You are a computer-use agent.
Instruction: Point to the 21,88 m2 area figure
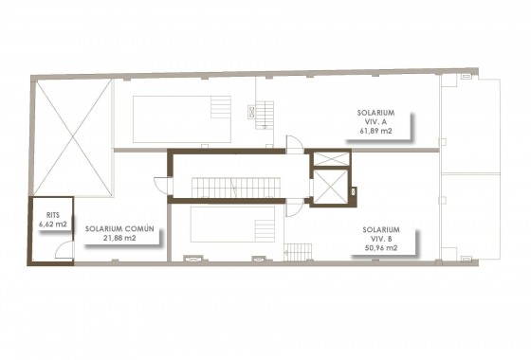119,238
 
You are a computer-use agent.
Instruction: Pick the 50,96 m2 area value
379,248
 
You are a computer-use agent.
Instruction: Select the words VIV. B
379,238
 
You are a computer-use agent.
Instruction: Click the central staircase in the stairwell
238,180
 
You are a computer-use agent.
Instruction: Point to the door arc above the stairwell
294,143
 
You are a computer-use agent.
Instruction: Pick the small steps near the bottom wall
297,253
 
